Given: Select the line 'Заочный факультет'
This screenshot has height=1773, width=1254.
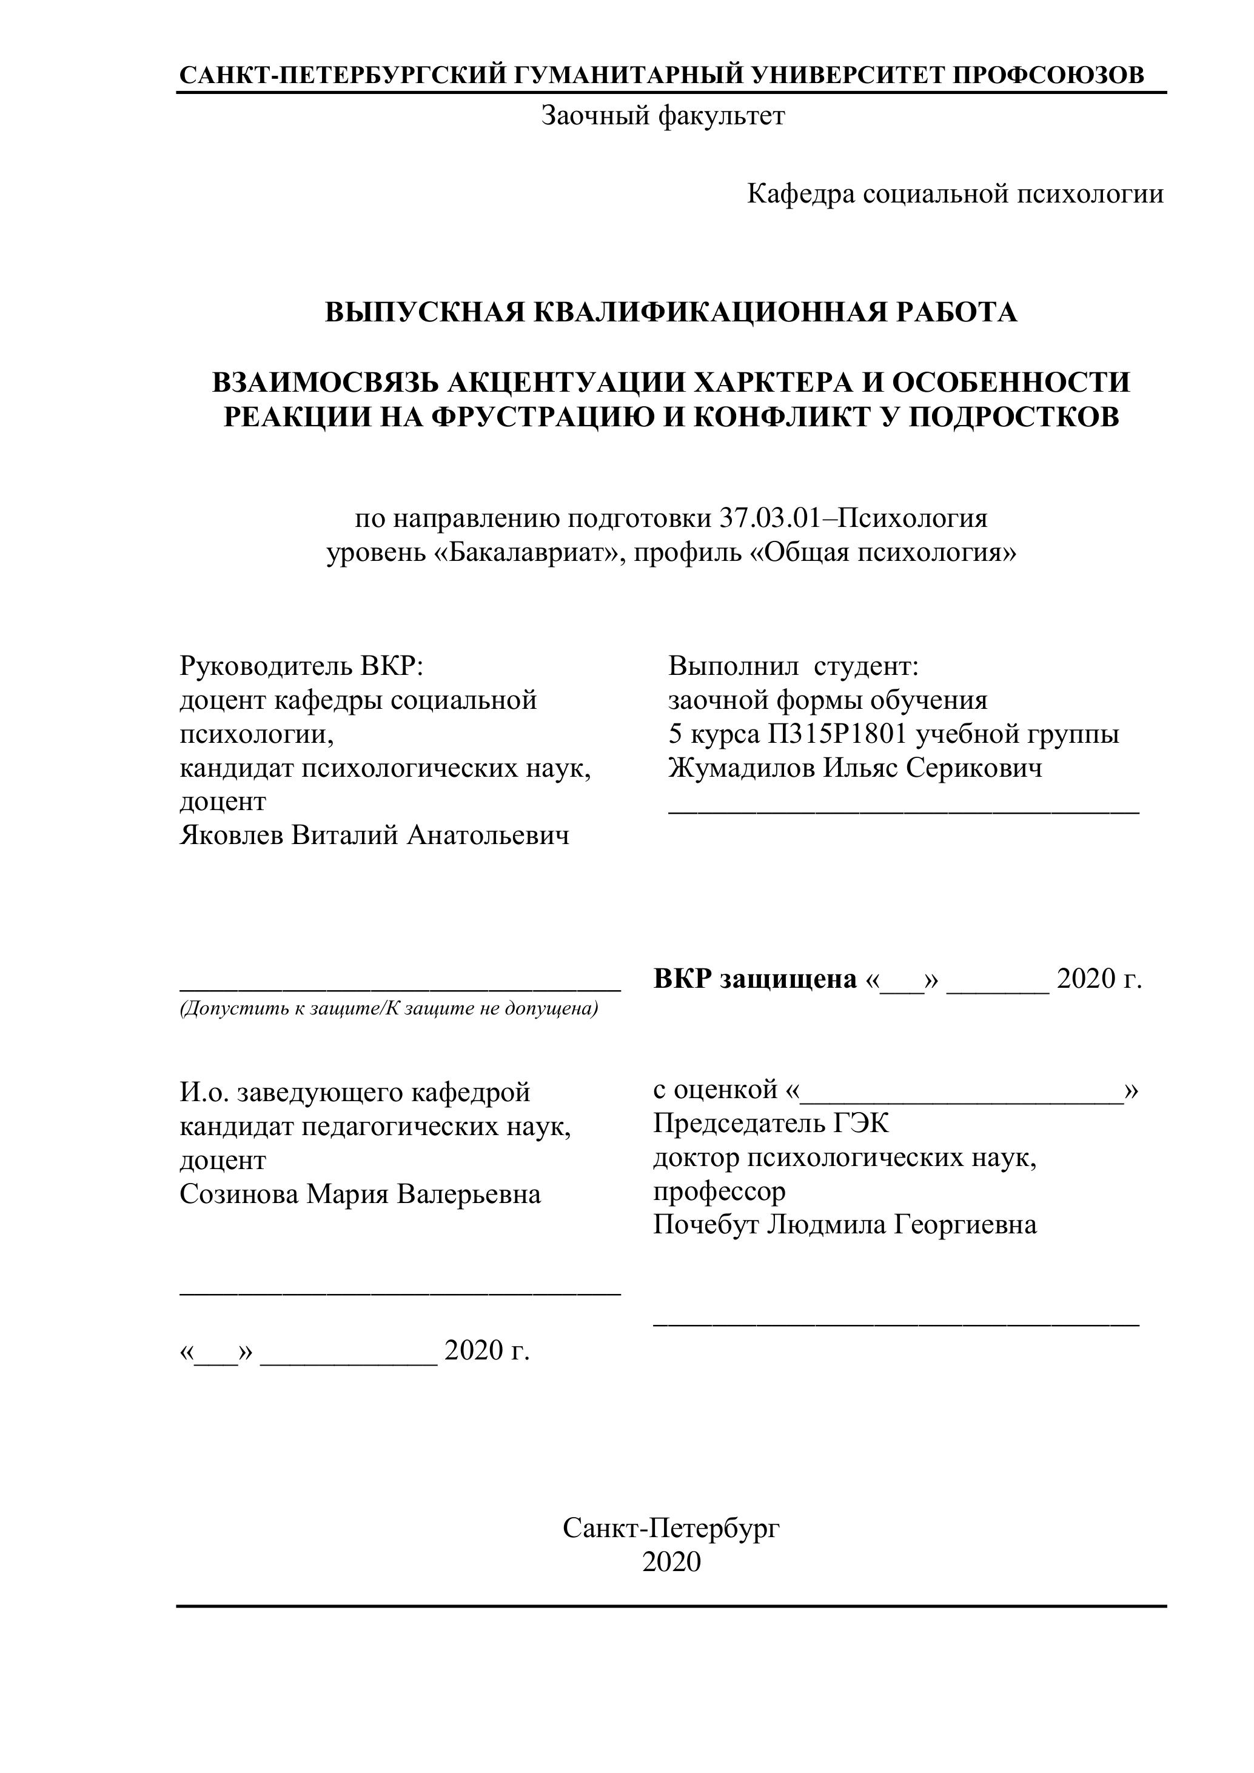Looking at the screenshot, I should pos(663,116).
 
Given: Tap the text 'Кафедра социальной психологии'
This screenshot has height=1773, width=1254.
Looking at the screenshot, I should pos(954,194).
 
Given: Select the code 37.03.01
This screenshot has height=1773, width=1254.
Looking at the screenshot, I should pos(768,518).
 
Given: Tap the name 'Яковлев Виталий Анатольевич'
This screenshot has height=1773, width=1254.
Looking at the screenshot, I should pos(375,836).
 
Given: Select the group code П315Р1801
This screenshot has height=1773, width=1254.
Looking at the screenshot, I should pos(836,734).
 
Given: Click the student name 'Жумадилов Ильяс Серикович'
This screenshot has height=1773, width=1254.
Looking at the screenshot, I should pos(855,768).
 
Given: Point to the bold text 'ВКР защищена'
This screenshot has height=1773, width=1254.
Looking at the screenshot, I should pos(754,979).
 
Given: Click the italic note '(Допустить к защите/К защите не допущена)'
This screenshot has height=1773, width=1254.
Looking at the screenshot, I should pos(389,1008).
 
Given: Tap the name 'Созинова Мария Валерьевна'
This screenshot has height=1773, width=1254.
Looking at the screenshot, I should pos(360,1194).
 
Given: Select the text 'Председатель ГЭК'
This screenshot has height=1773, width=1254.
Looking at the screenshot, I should pos(771,1123).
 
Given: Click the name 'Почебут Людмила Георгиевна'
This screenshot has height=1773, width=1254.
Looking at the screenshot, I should pos(845,1225).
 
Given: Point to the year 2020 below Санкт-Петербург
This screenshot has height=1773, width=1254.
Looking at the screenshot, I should pos(671,1561).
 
